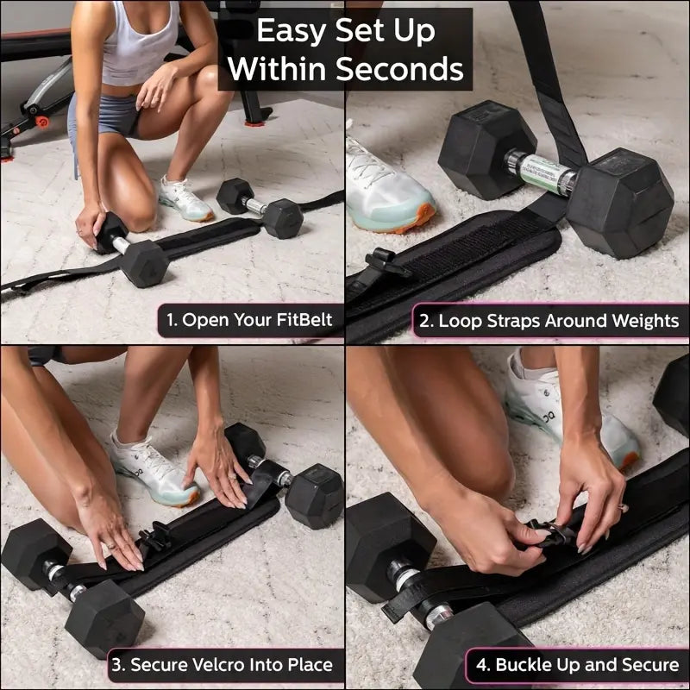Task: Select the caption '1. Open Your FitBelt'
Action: (249, 321)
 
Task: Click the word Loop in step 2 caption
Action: (460, 321)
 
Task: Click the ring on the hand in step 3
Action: (110, 545)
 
